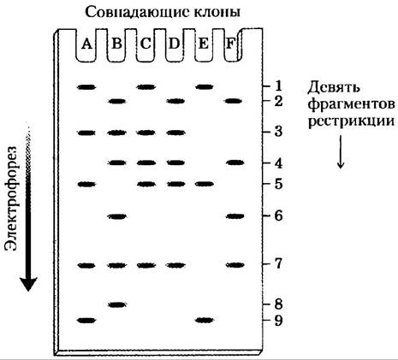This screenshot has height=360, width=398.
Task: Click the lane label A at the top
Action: point(86,44)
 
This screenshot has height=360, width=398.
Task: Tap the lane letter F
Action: point(230,44)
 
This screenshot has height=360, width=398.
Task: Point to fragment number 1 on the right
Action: point(276,86)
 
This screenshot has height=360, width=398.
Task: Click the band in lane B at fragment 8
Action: point(117,304)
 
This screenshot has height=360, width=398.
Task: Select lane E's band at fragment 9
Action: point(205,320)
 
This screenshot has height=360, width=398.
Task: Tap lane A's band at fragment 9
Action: point(87,321)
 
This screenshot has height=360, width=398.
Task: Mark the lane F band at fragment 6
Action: point(235,216)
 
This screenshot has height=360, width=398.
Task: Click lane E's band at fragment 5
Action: point(205,184)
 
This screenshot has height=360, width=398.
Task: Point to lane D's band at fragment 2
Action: point(175,101)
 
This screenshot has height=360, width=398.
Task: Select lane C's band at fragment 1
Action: point(146,87)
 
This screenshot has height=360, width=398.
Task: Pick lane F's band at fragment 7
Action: point(235,265)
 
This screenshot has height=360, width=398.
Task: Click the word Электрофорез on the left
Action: point(11,198)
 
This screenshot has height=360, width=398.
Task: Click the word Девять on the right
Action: point(333,88)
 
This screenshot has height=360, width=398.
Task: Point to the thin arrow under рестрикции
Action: point(341,151)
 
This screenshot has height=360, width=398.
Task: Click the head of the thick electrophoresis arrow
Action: point(28,284)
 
